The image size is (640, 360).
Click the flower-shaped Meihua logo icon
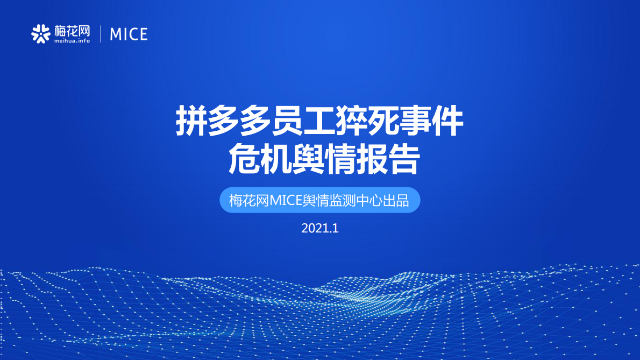40,34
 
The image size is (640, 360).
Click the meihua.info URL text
72,40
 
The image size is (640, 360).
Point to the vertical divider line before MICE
101,34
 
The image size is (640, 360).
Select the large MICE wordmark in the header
129,34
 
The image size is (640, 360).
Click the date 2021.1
319,228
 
